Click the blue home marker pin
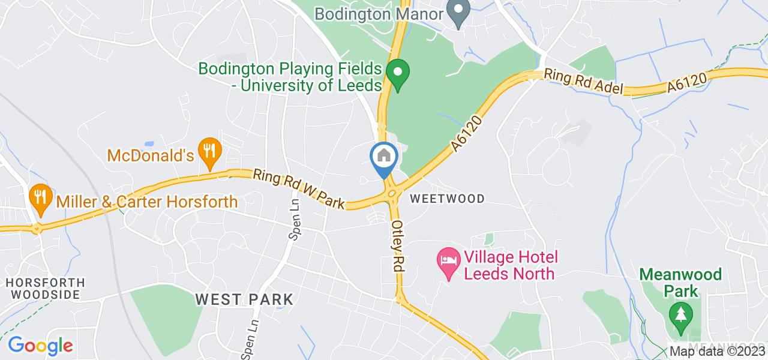pyautogui.click(x=384, y=157)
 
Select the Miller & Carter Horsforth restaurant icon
pyautogui.click(x=40, y=198)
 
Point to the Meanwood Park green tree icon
pyautogui.click(x=680, y=316)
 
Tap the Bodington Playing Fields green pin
pyautogui.click(x=397, y=73)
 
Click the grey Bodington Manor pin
pyautogui.click(x=460, y=12)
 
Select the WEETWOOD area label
pyautogui.click(x=447, y=199)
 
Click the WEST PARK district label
pyautogui.click(x=244, y=299)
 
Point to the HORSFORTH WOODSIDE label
pyautogui.click(x=46, y=288)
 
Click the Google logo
pyautogui.click(x=40, y=346)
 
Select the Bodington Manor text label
pyautogui.click(x=379, y=13)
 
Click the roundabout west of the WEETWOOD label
pyautogui.click(x=392, y=193)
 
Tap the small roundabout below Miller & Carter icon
pyautogui.click(x=37, y=228)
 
